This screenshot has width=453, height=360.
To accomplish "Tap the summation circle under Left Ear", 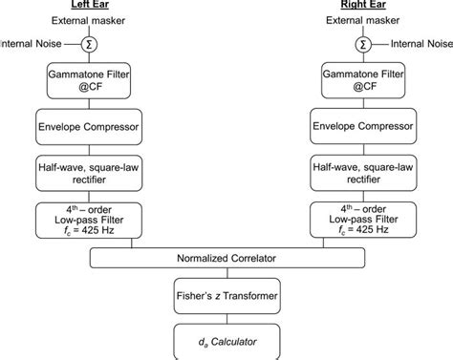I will pos(90,45).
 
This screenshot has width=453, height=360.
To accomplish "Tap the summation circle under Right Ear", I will pos(362,45).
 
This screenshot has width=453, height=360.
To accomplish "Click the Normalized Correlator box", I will pos(226,259).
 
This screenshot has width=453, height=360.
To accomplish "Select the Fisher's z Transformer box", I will pos(226,296).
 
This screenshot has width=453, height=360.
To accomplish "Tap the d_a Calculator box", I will pos(226,340).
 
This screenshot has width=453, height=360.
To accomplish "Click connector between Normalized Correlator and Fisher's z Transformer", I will pos(226,275).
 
